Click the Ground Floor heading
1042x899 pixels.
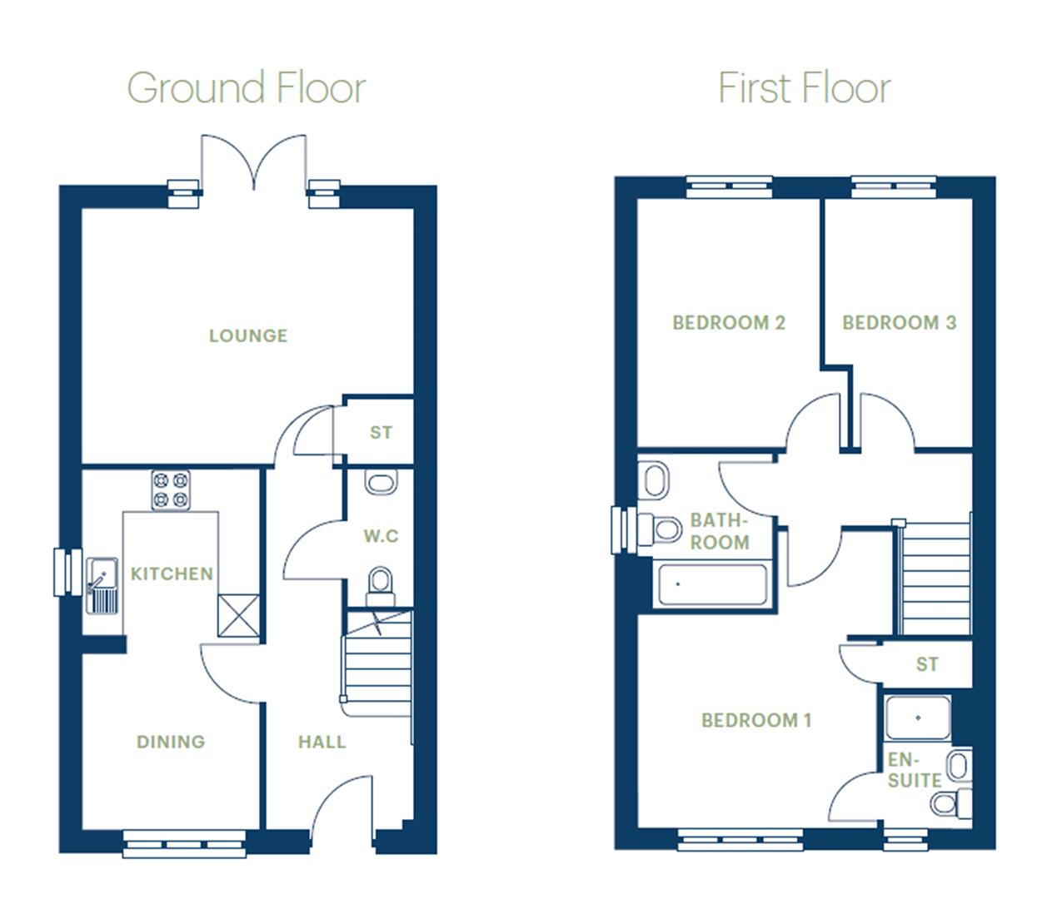(247, 88)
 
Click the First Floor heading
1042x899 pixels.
(804, 88)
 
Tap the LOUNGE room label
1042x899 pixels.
(248, 335)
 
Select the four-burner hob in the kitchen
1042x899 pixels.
(171, 490)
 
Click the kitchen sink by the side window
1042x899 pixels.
(102, 585)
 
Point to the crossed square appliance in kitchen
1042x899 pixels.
(238, 616)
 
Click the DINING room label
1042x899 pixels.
(171, 742)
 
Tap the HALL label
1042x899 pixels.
(322, 742)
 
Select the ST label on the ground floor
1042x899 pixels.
(381, 432)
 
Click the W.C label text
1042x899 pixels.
(381, 536)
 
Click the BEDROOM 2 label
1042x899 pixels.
(729, 323)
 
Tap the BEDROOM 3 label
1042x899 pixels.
(899, 323)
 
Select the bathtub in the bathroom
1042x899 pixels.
(712, 584)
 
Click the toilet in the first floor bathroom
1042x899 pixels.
(661, 528)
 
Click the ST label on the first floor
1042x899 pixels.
(927, 664)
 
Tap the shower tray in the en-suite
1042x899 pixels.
(918, 718)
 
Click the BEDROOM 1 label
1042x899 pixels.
(756, 720)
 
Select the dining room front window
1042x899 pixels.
(185, 844)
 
